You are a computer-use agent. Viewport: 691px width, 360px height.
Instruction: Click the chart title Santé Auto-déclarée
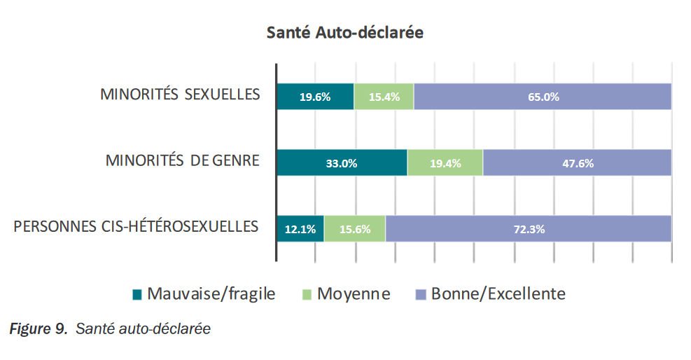[x=344, y=33]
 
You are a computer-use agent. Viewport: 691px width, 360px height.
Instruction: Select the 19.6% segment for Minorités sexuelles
[x=315, y=97]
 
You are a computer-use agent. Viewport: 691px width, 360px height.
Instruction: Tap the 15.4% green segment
[x=384, y=97]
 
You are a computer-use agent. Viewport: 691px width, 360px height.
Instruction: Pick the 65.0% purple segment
[x=543, y=97]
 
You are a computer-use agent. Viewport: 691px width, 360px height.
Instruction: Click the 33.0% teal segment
[x=342, y=162]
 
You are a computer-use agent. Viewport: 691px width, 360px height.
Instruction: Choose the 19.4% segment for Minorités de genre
[x=445, y=162]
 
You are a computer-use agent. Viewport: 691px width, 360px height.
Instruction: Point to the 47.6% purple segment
[x=577, y=162]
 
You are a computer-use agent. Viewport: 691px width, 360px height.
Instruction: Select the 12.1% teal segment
[x=300, y=228]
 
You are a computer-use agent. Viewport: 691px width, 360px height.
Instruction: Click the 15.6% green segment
[x=355, y=228]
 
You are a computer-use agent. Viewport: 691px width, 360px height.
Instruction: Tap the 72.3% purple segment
[x=529, y=228]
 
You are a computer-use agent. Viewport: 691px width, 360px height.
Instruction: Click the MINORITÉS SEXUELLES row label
[x=180, y=95]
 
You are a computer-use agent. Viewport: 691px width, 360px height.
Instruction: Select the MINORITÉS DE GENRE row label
[x=182, y=160]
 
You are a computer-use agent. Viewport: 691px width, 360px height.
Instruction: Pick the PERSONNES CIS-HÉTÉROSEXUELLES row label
[x=136, y=227]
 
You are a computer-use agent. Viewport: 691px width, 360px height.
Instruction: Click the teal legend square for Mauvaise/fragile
[x=137, y=294]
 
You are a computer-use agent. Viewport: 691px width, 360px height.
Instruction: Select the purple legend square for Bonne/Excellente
[x=421, y=294]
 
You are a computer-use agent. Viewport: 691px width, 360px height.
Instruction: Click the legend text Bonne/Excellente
[x=498, y=293]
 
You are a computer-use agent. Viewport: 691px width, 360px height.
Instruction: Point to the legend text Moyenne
[x=354, y=293]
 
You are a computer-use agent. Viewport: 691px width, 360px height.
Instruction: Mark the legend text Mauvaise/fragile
[x=211, y=293]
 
